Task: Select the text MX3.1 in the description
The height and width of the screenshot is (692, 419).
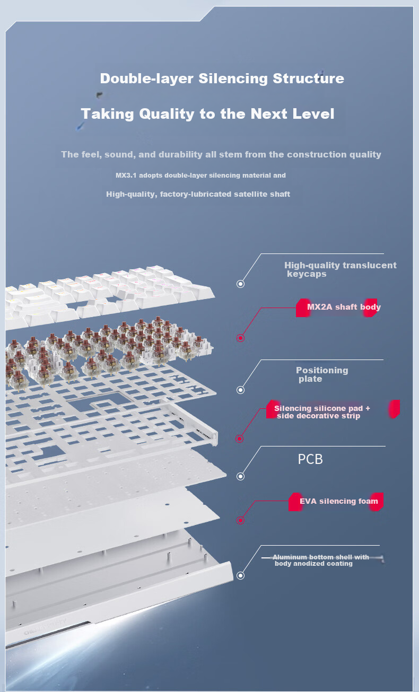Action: [126, 175]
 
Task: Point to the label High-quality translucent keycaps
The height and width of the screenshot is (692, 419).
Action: [340, 269]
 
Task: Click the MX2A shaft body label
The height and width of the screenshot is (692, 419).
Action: [344, 307]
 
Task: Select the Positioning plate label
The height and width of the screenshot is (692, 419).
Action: [322, 374]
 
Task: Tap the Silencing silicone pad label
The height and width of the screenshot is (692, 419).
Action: [321, 412]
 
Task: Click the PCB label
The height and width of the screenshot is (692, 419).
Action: [310, 459]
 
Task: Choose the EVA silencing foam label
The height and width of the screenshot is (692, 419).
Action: [339, 501]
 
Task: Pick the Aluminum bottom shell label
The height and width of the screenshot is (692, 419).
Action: [321, 560]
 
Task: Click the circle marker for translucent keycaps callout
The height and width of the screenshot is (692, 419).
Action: [240, 284]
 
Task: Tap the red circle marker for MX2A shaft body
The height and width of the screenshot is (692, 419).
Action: [240, 338]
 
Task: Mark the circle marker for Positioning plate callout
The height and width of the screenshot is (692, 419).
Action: [240, 390]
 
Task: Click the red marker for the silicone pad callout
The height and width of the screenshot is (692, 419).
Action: [240, 439]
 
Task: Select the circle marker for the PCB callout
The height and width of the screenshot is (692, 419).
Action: [240, 476]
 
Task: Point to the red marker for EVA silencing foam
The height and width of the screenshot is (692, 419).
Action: [240, 521]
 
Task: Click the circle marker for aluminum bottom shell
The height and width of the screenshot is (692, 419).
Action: [240, 575]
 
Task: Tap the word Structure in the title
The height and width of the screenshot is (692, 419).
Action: [308, 78]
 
